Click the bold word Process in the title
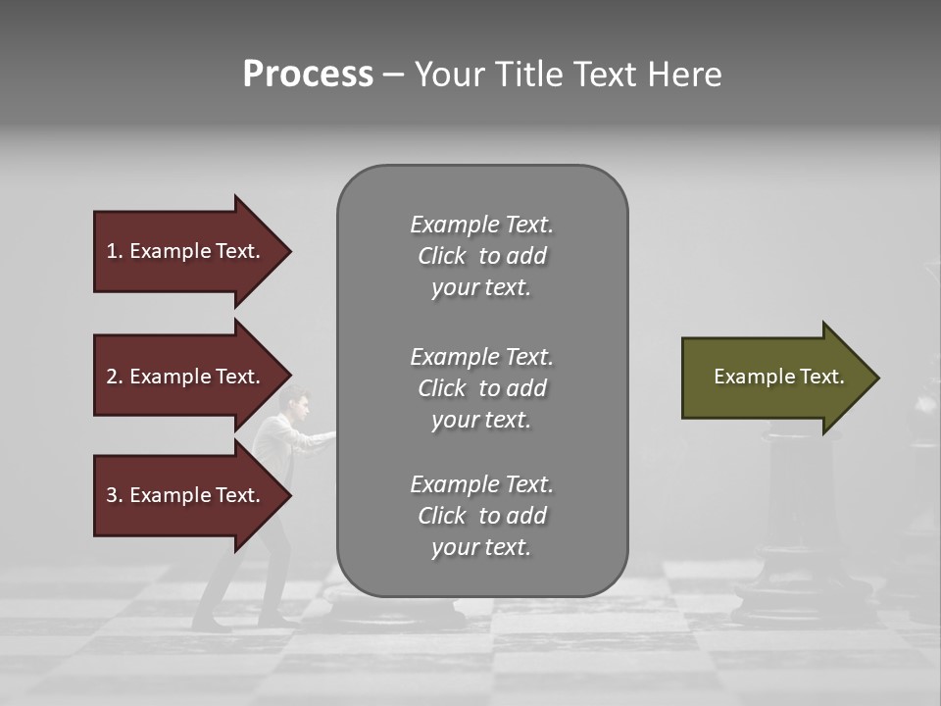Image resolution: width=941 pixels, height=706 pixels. [308, 75]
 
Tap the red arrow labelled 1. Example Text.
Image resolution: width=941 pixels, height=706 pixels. [186, 251]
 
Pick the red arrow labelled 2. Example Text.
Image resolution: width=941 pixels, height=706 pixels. [186, 377]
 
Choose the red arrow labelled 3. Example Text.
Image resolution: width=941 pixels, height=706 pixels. [186, 495]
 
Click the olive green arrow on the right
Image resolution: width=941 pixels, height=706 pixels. [774, 377]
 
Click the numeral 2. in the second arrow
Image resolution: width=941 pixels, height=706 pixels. [114, 377]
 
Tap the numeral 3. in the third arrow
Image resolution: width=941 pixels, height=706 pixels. [114, 495]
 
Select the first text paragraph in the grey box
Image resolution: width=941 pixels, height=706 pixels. [481, 256]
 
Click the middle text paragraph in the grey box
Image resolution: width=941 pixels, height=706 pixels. [481, 387]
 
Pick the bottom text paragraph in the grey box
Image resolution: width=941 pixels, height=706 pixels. [481, 516]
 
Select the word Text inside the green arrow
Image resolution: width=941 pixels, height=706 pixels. [822, 377]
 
